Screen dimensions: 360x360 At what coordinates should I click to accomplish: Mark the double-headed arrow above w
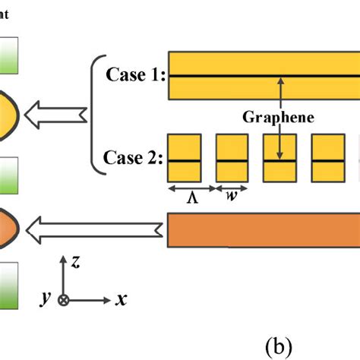coord(232,187)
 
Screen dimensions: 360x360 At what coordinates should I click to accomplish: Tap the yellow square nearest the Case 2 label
coord(184,159)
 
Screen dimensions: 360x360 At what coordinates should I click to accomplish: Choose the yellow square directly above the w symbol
coord(232,159)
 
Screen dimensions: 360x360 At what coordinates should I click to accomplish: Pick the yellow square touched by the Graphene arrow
coord(280,159)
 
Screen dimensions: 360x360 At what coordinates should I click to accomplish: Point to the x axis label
coord(120,300)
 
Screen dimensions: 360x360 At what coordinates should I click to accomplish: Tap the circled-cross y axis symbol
coord(64,300)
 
